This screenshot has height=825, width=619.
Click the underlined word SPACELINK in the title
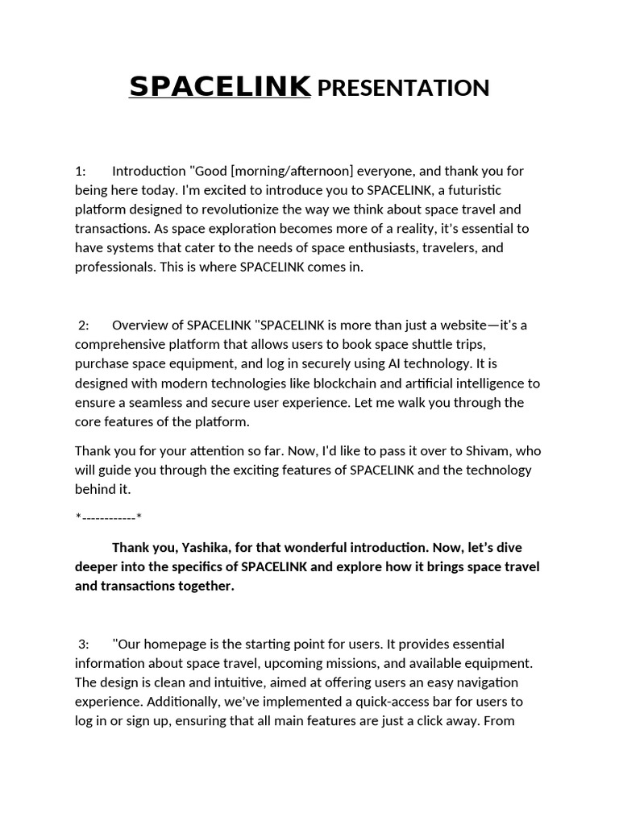click(x=219, y=86)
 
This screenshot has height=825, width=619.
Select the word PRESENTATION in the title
click(x=403, y=88)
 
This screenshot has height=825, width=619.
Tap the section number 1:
click(x=81, y=171)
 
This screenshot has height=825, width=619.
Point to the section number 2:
click(x=84, y=325)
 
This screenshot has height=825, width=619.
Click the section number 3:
click(x=84, y=644)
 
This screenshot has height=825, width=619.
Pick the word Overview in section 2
click(x=138, y=325)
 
